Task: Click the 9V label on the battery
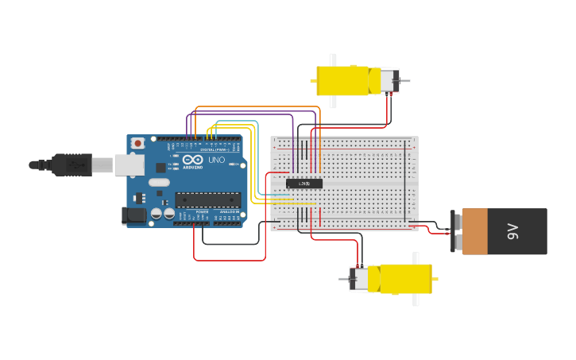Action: click(x=512, y=231)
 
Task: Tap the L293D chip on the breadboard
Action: click(x=304, y=184)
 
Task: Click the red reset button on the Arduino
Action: click(x=138, y=143)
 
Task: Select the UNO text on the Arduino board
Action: click(x=216, y=161)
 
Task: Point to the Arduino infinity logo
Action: click(x=192, y=160)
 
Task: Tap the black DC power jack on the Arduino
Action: click(x=133, y=215)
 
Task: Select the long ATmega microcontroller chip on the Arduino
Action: click(x=207, y=199)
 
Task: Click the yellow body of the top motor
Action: click(x=342, y=80)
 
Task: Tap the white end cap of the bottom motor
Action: click(x=360, y=279)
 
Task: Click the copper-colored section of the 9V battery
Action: click(x=474, y=231)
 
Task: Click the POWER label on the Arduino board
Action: click(x=202, y=212)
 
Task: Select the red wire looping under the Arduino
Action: click(x=230, y=260)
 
